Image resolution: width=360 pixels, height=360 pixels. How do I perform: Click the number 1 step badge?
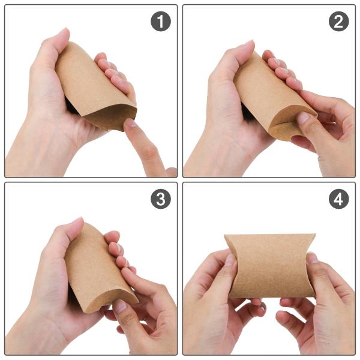click(159, 22)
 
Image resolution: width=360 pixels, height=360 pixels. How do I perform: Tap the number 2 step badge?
click(338, 22)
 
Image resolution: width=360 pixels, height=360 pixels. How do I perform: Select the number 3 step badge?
click(160, 199)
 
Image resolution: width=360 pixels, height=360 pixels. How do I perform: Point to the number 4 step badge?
click(338, 199)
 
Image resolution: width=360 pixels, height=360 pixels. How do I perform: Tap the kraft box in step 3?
click(96, 267)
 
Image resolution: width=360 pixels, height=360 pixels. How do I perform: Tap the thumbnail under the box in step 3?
click(121, 307)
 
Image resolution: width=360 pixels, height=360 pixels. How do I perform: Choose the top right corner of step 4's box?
click(315, 235)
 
